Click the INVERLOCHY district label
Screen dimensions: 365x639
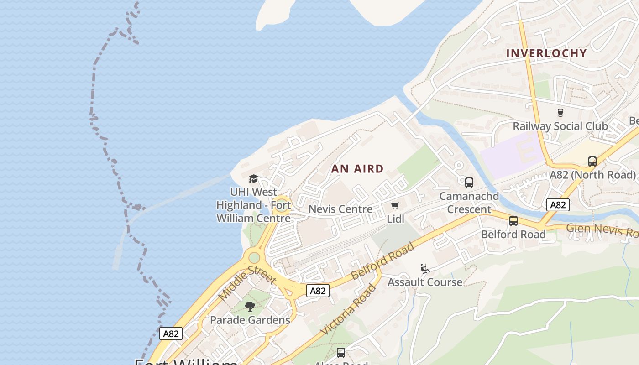click(546, 53)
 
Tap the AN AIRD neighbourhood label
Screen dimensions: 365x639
click(357, 169)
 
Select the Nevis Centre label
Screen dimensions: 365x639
click(340, 209)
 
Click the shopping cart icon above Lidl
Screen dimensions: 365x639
click(395, 206)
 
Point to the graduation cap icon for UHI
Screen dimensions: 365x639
click(253, 178)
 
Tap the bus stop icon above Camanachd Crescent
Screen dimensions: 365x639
click(469, 182)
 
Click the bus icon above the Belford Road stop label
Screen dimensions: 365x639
click(513, 221)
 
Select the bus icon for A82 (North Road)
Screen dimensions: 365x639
click(592, 161)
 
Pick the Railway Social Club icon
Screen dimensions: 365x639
click(560, 112)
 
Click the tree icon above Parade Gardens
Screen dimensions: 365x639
click(250, 307)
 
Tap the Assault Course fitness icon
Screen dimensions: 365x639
click(425, 269)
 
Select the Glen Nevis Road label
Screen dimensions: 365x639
click(602, 229)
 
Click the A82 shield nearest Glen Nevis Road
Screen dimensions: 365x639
click(558, 205)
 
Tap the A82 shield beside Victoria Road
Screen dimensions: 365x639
click(318, 291)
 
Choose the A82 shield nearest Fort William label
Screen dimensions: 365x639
click(171, 334)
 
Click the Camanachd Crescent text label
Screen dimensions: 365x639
click(469, 203)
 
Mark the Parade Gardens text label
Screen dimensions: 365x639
click(250, 320)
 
